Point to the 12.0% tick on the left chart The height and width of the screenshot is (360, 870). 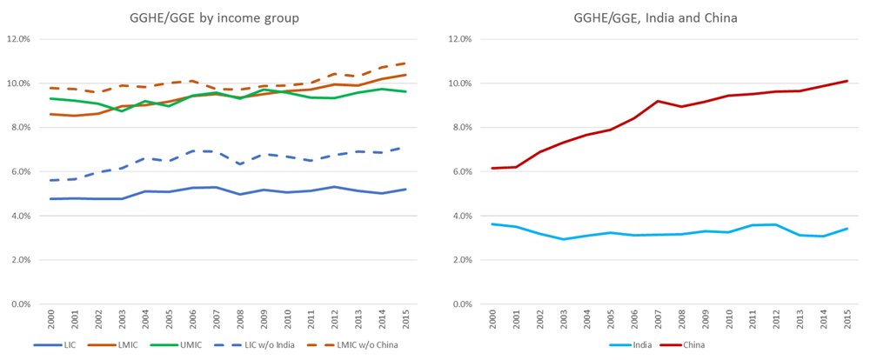[18, 40]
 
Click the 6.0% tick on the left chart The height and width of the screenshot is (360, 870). [20, 172]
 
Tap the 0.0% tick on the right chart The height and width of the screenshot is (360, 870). [458, 304]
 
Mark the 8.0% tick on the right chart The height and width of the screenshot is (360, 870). [458, 128]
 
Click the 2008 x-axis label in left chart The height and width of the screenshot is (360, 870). [238, 319]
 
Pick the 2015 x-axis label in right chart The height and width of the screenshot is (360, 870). [847, 319]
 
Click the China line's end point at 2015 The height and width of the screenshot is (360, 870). [847, 81]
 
